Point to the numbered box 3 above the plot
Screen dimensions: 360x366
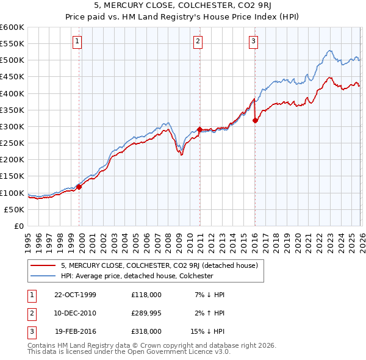[254, 41]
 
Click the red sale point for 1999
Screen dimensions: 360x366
[79, 187]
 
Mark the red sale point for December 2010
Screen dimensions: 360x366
[199, 129]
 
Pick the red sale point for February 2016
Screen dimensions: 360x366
[255, 120]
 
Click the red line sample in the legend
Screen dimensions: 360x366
[43, 265]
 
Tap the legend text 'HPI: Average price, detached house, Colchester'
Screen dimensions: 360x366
[137, 276]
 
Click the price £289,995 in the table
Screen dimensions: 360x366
[146, 313]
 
